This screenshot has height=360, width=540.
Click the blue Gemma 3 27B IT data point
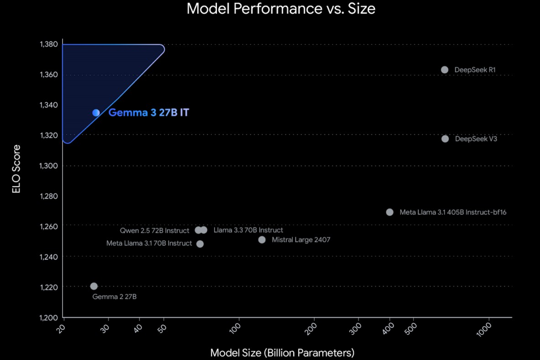pos(96,113)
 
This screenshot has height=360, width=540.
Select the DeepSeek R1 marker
pos(445,70)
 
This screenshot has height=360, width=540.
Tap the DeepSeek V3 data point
pos(445,139)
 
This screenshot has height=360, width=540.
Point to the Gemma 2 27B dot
pos(94,286)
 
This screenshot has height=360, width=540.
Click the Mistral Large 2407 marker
pos(262,240)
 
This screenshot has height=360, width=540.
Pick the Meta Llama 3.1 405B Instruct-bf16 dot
pos(390,212)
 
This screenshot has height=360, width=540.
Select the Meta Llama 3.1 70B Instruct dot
pos(200,244)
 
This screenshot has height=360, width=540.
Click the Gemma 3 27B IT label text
pos(148,113)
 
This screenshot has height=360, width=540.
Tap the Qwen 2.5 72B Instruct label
pos(154,230)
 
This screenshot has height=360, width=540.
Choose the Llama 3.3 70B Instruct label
pos(248,230)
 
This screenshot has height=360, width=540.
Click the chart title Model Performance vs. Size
pos(281,9)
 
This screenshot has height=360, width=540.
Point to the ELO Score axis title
pos(17,169)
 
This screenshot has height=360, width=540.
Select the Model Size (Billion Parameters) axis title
pos(282,353)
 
